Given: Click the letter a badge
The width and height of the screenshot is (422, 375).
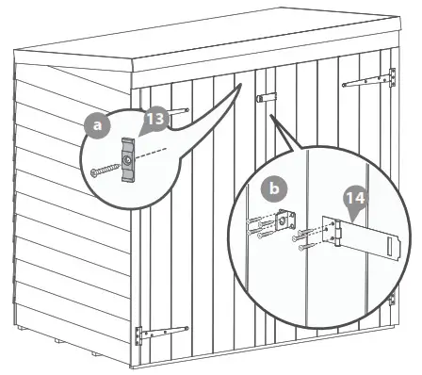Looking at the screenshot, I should tap(93, 123).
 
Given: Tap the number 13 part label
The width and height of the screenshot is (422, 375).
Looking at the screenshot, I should tap(154, 120).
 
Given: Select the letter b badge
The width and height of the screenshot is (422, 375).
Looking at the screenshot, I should tap(275, 189).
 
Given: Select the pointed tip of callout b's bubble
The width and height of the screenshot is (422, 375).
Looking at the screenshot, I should tap(271, 117).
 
